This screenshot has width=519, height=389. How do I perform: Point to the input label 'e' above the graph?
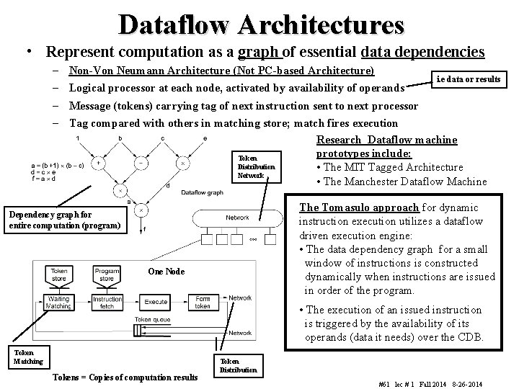(x=206, y=138)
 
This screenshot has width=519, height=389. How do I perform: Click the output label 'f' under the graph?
(x=145, y=230)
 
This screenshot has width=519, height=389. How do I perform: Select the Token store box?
(x=60, y=274)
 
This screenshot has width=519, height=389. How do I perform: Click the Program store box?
(x=107, y=274)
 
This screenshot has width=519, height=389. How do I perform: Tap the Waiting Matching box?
(x=58, y=303)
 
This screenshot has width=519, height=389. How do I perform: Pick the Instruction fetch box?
(x=107, y=303)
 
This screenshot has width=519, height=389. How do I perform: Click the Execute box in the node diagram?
(x=156, y=302)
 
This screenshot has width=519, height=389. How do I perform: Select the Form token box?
(x=203, y=303)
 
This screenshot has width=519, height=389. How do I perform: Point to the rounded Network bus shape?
(x=238, y=217)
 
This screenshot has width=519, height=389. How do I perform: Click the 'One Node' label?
(x=166, y=272)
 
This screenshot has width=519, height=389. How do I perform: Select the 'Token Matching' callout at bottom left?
(x=29, y=357)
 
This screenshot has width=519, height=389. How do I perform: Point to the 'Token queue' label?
(x=152, y=318)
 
